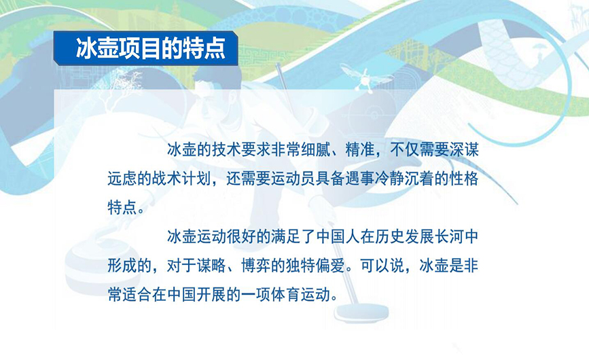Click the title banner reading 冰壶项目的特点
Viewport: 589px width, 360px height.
click(x=146, y=48)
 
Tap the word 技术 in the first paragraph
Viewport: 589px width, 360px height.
click(x=226, y=150)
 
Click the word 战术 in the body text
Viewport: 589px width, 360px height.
click(x=167, y=179)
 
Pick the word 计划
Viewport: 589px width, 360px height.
click(x=196, y=179)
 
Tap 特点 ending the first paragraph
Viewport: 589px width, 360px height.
click(x=122, y=207)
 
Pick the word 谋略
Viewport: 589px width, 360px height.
click(x=211, y=266)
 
